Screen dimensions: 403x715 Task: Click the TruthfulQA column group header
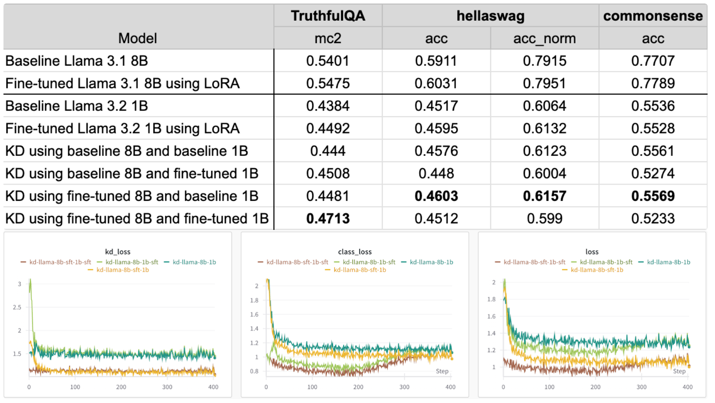[x=328, y=16]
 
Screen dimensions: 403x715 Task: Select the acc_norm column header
[x=544, y=38]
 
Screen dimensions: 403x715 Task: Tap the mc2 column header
[x=328, y=38]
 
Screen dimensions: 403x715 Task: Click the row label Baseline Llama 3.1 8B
[x=77, y=61]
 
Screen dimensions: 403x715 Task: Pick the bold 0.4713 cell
[x=328, y=218]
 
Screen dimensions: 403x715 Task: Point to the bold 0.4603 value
[x=436, y=196]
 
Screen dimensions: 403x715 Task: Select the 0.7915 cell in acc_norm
[x=544, y=61]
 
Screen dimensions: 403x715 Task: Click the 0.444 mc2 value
[x=328, y=151]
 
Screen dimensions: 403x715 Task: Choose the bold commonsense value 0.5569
[x=653, y=196]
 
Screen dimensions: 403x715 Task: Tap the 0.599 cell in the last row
[x=544, y=218]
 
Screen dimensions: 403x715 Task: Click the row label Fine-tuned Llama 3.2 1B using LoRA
[x=122, y=129]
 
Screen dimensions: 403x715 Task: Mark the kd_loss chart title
[x=117, y=251]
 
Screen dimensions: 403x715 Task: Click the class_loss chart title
[x=355, y=251]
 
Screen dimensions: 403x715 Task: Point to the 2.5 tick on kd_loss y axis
[x=17, y=307]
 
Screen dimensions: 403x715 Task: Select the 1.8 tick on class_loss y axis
[x=254, y=300]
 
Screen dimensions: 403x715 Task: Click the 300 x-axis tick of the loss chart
[x=641, y=387]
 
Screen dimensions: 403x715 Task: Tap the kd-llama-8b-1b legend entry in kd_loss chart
[x=194, y=262]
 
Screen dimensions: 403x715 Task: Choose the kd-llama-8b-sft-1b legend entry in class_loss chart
[x=359, y=270]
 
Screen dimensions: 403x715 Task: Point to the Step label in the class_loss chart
[x=442, y=371]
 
